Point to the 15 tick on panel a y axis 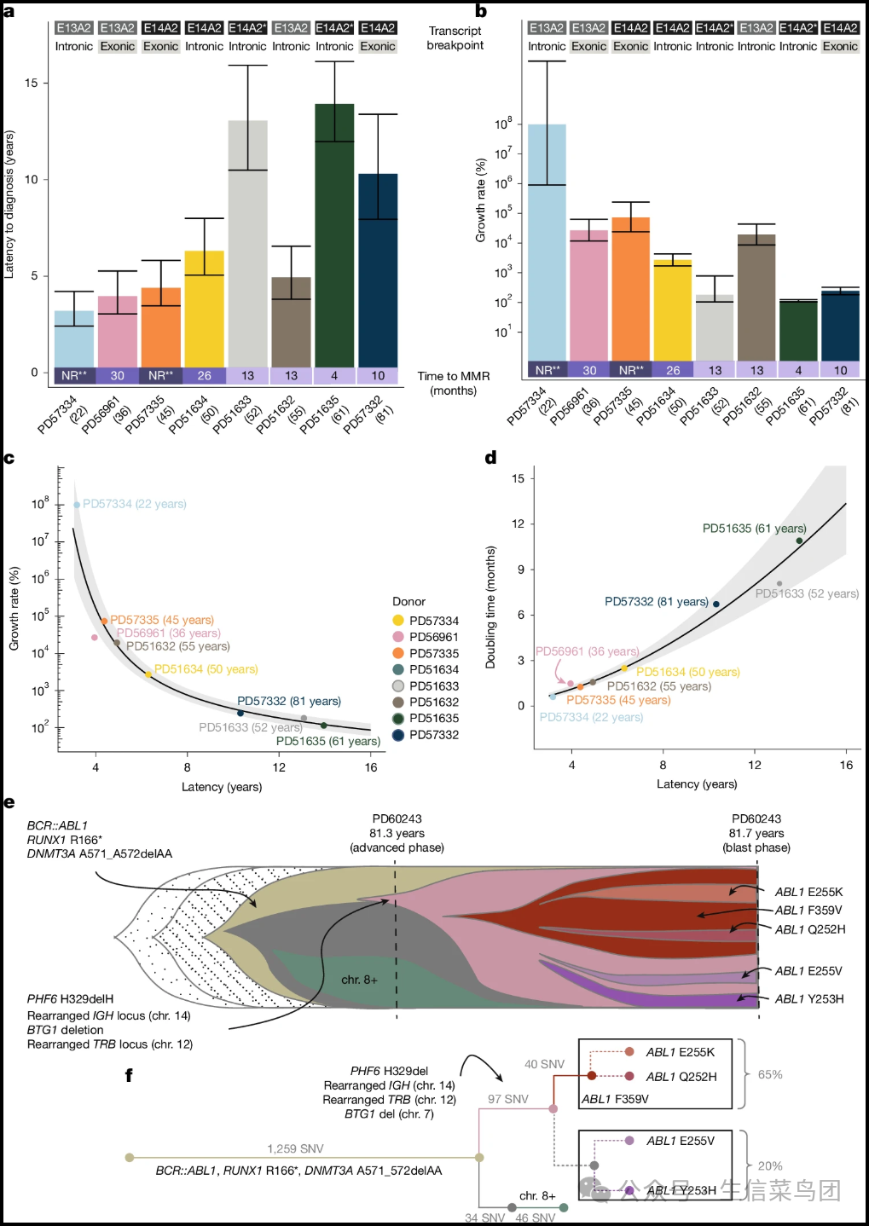click(32, 83)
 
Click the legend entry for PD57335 click(433, 653)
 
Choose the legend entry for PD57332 click(433, 734)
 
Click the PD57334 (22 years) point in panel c click(77, 505)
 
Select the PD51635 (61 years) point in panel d click(799, 541)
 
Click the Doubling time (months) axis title click(490, 607)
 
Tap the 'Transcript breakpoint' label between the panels click(455, 38)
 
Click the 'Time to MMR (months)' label click(453, 383)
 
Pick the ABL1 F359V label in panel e click(808, 911)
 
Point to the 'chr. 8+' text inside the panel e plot click(359, 980)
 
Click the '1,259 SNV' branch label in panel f click(295, 1148)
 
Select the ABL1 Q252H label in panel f click(681, 1077)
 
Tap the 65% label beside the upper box click(770, 1074)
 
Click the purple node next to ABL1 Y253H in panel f click(629, 1190)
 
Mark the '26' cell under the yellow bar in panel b click(673, 370)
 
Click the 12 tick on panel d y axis click(518, 523)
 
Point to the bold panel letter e click(9, 802)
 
